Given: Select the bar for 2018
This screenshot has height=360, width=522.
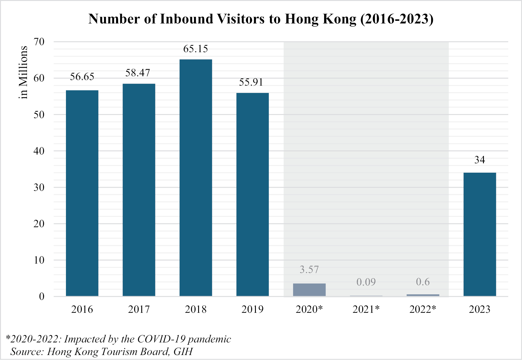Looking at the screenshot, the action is point(195,178).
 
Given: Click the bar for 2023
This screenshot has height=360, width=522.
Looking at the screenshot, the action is point(480,234).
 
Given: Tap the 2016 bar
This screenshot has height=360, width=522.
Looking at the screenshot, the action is point(82,193).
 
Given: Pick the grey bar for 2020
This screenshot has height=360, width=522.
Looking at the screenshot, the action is point(309,290).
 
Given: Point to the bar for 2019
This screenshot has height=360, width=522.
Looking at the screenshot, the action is point(252,194).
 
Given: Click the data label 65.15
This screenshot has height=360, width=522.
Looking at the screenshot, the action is point(195,49).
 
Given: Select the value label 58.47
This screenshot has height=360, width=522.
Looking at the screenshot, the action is point(138,73).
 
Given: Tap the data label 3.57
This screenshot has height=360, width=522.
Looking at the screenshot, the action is point(309,269).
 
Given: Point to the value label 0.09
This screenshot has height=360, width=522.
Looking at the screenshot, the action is point(366,282).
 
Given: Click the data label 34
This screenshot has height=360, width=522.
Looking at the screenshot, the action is point(480,160).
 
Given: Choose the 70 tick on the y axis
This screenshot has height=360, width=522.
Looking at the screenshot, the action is point(39,42).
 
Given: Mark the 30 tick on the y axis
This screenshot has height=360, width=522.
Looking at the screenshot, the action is point(39,187).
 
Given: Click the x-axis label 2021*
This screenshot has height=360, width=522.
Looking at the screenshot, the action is point(366,309).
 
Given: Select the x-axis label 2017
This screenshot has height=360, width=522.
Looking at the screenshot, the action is point(139,309).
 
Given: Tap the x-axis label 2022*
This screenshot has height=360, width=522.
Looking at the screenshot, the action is point(423,309).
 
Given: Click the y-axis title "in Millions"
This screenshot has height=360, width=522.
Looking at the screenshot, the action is point(23,72).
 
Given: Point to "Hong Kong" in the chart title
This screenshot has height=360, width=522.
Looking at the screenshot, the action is point(321,19).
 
